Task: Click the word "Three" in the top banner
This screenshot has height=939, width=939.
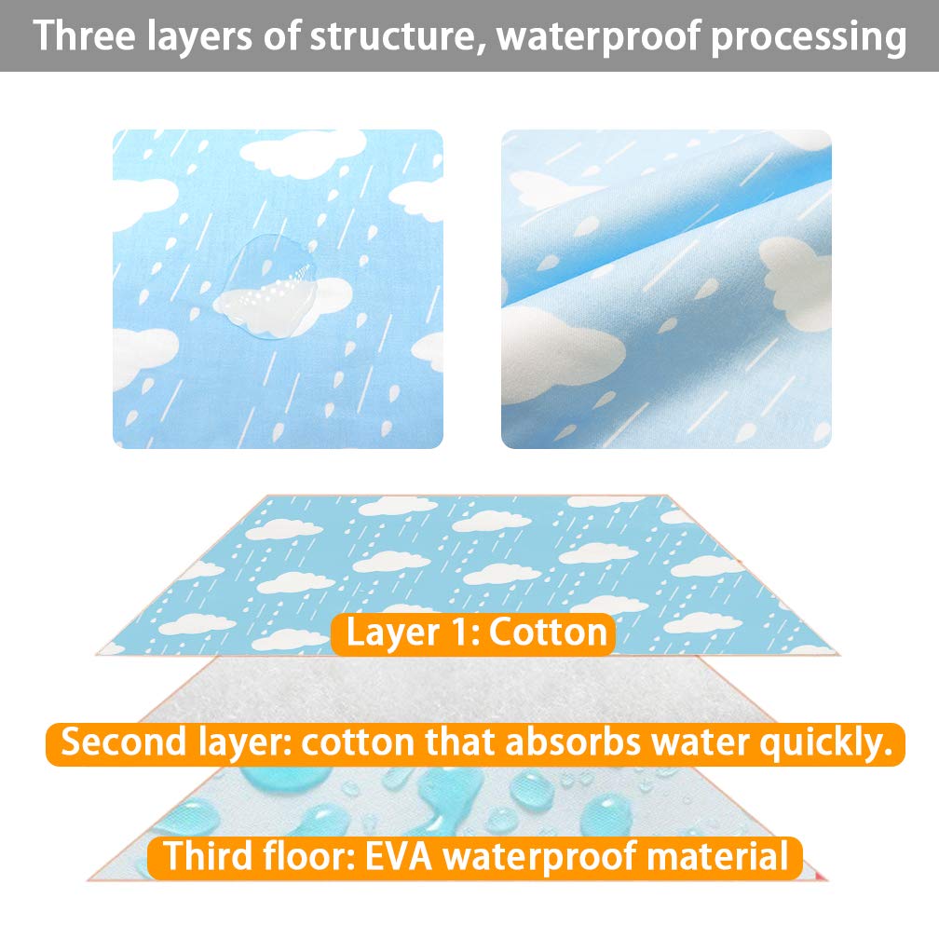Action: coord(85,36)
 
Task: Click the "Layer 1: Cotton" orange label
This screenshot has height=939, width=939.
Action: coord(473,634)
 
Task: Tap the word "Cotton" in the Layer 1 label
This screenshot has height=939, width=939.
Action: coord(548,633)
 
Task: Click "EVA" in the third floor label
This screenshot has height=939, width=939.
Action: coord(399,856)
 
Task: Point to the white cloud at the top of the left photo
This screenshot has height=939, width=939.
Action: coord(303,154)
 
